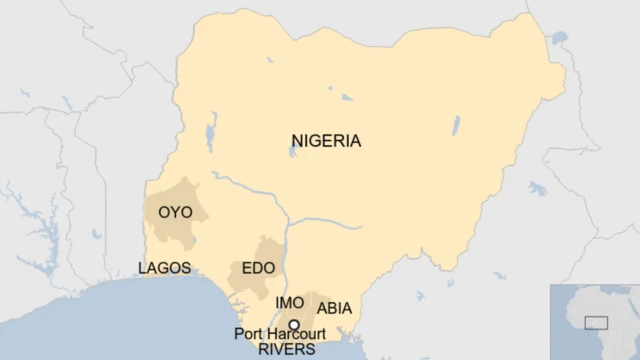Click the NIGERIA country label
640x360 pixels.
(x=326, y=141)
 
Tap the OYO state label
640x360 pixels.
(x=175, y=212)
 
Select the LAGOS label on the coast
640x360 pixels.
(x=165, y=268)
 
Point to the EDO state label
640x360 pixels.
(x=259, y=269)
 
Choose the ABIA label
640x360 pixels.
(x=334, y=308)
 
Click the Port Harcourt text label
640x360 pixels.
(x=280, y=334)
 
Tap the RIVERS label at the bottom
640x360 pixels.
(x=286, y=350)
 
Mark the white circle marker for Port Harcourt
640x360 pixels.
(x=294, y=321)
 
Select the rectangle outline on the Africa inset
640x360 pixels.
(x=596, y=322)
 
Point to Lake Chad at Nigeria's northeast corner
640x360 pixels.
(x=557, y=40)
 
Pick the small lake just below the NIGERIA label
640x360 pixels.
(x=293, y=153)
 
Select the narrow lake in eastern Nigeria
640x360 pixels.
(x=456, y=126)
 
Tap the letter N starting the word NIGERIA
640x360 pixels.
(x=297, y=141)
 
